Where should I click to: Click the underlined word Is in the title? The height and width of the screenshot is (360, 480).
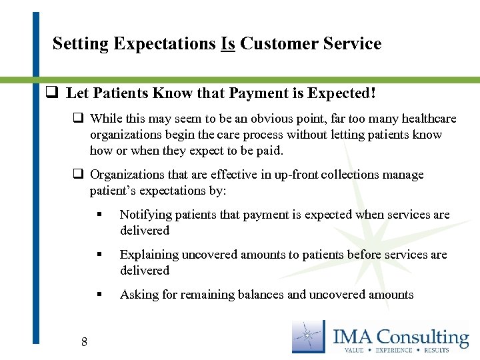[x=227, y=44]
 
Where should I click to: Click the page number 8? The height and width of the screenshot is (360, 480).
[x=84, y=343]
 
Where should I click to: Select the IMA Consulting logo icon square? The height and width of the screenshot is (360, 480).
[x=308, y=336]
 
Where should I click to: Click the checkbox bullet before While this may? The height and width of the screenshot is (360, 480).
[x=78, y=119]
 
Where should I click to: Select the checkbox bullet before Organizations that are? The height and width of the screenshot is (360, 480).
[x=78, y=175]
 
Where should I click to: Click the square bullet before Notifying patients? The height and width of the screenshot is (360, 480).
[x=99, y=215]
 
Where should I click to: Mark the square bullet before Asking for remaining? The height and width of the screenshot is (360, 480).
[x=99, y=295]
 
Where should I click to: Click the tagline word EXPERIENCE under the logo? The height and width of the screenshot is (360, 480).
[x=395, y=349]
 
